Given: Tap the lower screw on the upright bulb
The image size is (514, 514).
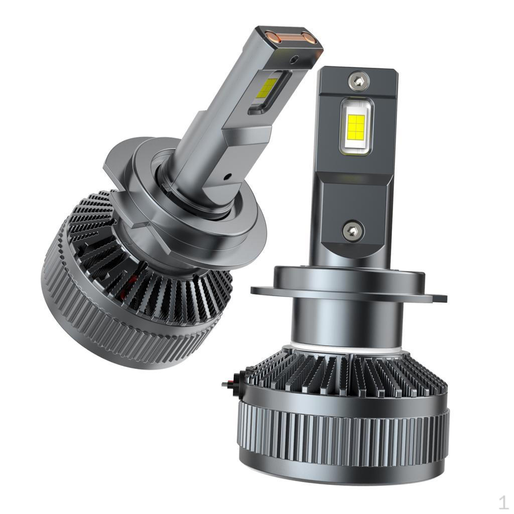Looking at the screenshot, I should [353, 230].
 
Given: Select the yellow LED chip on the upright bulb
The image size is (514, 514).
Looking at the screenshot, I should [356, 126].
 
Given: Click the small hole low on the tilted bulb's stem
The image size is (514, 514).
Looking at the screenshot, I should [227, 177].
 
